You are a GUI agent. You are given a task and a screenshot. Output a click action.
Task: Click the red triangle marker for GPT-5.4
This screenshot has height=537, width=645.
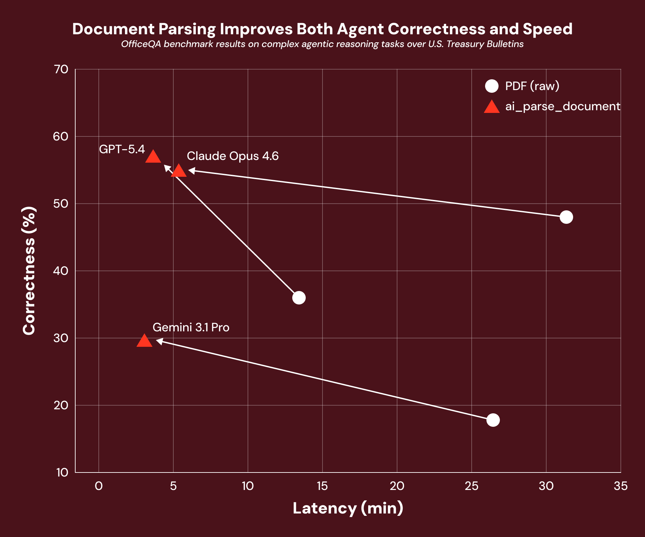[153, 157]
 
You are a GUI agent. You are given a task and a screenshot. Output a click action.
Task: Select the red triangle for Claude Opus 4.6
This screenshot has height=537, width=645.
[178, 171]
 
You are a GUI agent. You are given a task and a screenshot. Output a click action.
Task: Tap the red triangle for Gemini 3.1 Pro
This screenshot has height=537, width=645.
[144, 341]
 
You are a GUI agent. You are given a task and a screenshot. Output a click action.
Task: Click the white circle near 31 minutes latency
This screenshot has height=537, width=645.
[566, 217]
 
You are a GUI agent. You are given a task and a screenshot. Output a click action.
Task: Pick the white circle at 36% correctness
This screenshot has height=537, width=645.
[299, 298]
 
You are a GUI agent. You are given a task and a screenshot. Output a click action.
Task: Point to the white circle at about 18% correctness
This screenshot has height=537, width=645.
[493, 420]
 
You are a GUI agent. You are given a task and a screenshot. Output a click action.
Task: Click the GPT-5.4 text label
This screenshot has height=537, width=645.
[122, 149]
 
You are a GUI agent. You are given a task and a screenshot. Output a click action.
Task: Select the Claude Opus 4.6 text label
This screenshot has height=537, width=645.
[232, 156]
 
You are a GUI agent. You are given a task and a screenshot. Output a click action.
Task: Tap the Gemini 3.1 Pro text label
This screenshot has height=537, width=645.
[191, 327]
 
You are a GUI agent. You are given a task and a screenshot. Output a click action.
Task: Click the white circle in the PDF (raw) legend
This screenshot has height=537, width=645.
[492, 86]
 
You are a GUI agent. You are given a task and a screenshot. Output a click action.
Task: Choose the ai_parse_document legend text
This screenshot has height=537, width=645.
[563, 107]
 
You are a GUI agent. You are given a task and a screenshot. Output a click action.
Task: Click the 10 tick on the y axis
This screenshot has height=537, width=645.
[62, 472]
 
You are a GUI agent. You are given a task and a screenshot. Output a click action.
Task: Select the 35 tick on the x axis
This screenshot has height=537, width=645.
[620, 486]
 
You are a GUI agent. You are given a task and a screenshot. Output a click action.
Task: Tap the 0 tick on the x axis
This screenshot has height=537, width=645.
[99, 486]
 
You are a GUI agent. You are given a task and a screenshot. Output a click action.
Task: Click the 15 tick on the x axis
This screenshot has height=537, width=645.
[322, 486]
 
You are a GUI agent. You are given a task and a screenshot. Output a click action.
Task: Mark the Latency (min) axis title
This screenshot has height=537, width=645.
[348, 508]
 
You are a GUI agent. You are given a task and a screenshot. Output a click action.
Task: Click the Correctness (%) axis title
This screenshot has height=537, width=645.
[29, 271]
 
